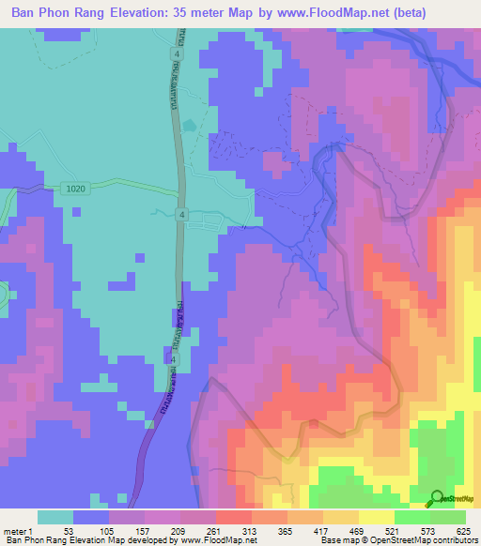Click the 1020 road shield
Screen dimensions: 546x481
[x=77, y=189]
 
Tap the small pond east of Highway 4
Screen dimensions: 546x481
[x=191, y=125]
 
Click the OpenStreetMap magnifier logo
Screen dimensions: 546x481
[x=437, y=498]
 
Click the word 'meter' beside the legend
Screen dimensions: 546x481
[x=15, y=530]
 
